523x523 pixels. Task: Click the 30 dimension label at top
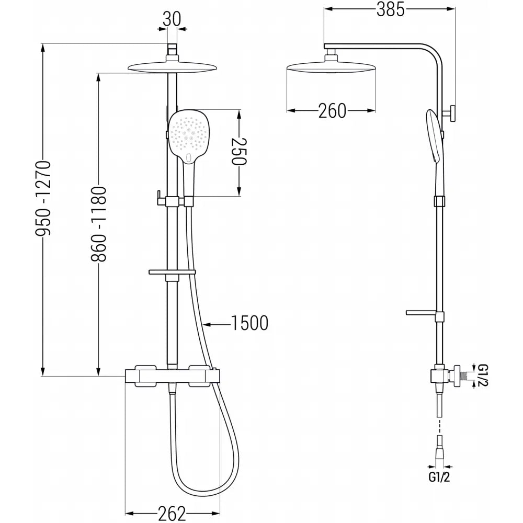pos(172,19)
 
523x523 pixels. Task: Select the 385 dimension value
pos(390,9)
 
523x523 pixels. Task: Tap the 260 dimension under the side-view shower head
pos(332,111)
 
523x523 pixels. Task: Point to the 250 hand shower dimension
pos(239,152)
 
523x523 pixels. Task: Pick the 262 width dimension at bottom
pos(172,514)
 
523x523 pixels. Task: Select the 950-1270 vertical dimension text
pos(43,198)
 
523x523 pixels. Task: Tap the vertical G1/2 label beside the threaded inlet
pos(483,375)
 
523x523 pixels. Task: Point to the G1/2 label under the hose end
pos(439,477)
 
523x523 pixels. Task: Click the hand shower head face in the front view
pos(189,137)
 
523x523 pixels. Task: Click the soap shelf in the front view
pos(172,272)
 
